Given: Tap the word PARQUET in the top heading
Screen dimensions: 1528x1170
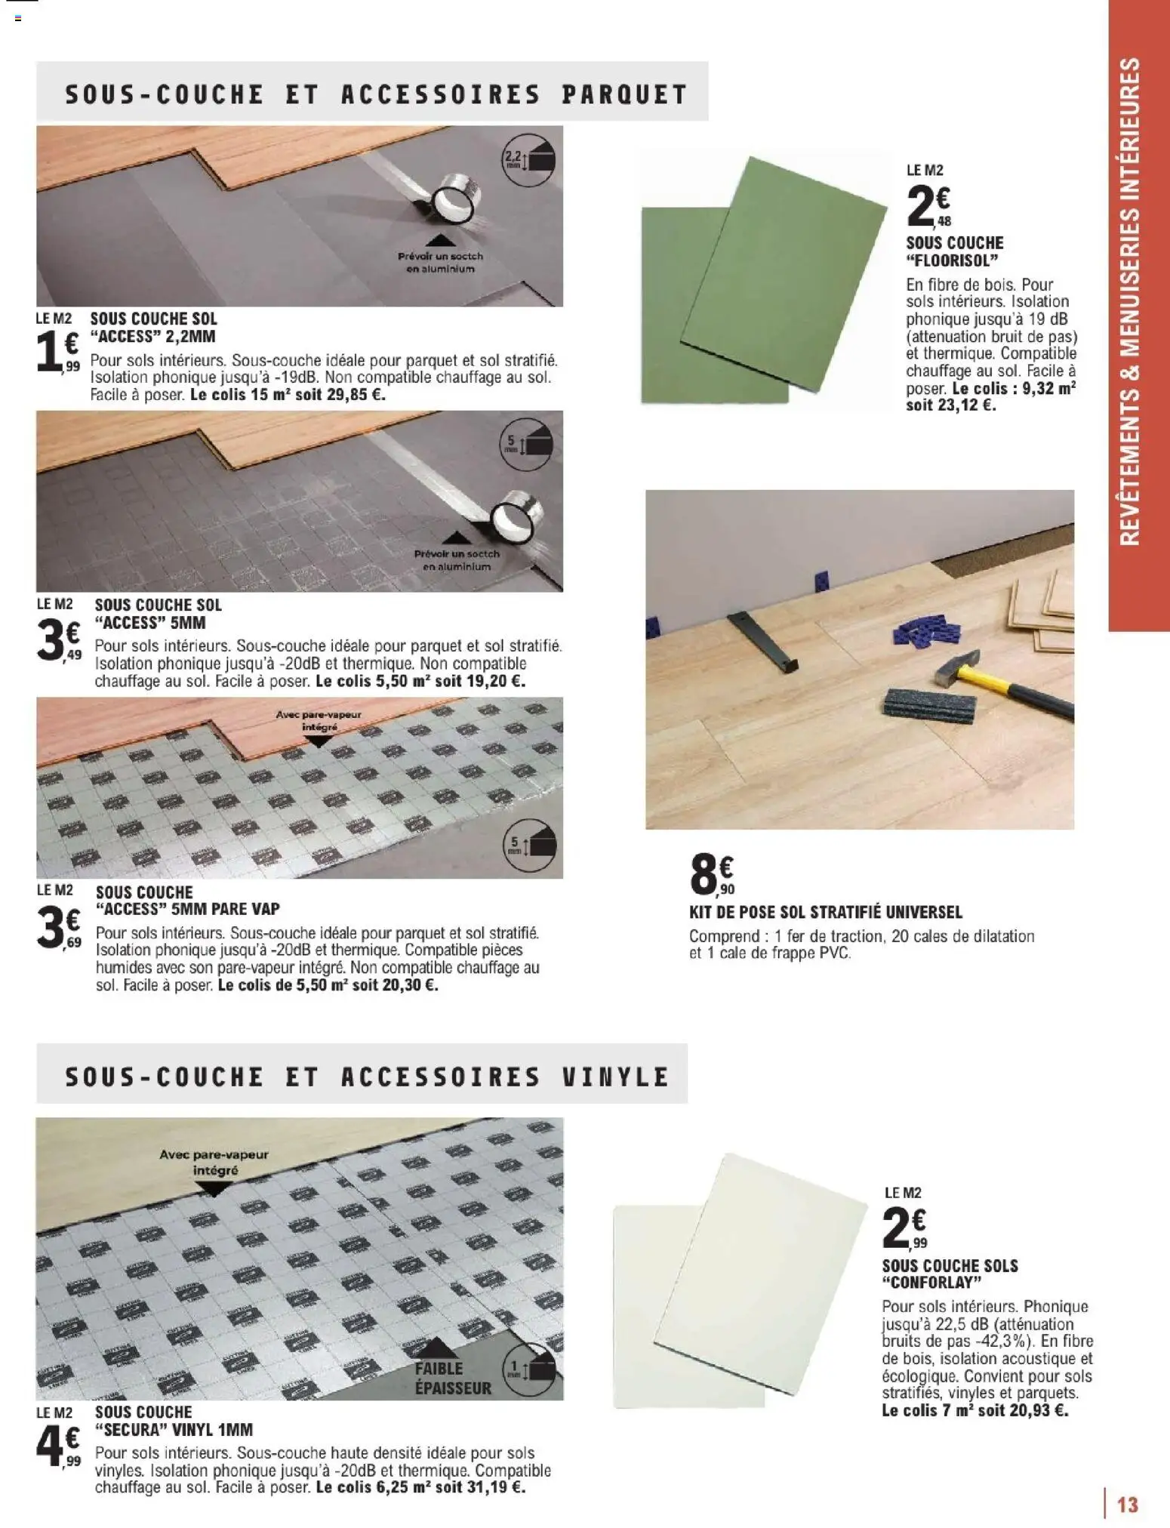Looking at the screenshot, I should coord(625,95).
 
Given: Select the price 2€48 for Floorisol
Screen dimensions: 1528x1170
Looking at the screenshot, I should coord(928,206).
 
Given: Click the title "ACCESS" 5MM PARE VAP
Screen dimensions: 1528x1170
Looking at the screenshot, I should coord(187,909).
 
